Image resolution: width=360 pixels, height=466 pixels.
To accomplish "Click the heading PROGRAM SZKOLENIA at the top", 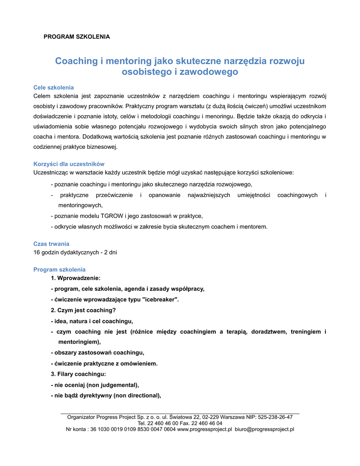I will coord(76,36).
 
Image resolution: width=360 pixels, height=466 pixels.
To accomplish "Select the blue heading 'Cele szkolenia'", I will coord(54,87).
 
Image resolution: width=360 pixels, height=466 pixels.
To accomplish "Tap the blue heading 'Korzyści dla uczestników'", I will coord(69,164).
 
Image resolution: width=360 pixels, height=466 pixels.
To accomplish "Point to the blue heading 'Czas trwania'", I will coord(51,244).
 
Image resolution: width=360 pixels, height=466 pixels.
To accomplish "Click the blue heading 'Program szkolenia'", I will coord(60,269).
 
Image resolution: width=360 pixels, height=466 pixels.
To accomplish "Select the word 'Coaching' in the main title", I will coord(76,61).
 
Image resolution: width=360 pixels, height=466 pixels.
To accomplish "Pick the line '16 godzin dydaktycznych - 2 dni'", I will coord(76,252).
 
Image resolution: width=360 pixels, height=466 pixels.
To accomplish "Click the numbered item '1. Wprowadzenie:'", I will coord(76,278).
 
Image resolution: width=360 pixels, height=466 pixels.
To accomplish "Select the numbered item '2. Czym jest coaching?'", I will coord(83,310).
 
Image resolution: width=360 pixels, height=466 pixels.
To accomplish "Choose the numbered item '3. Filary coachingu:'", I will coord(78,374).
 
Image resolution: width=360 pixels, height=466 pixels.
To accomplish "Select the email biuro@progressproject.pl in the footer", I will coord(264,429).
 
